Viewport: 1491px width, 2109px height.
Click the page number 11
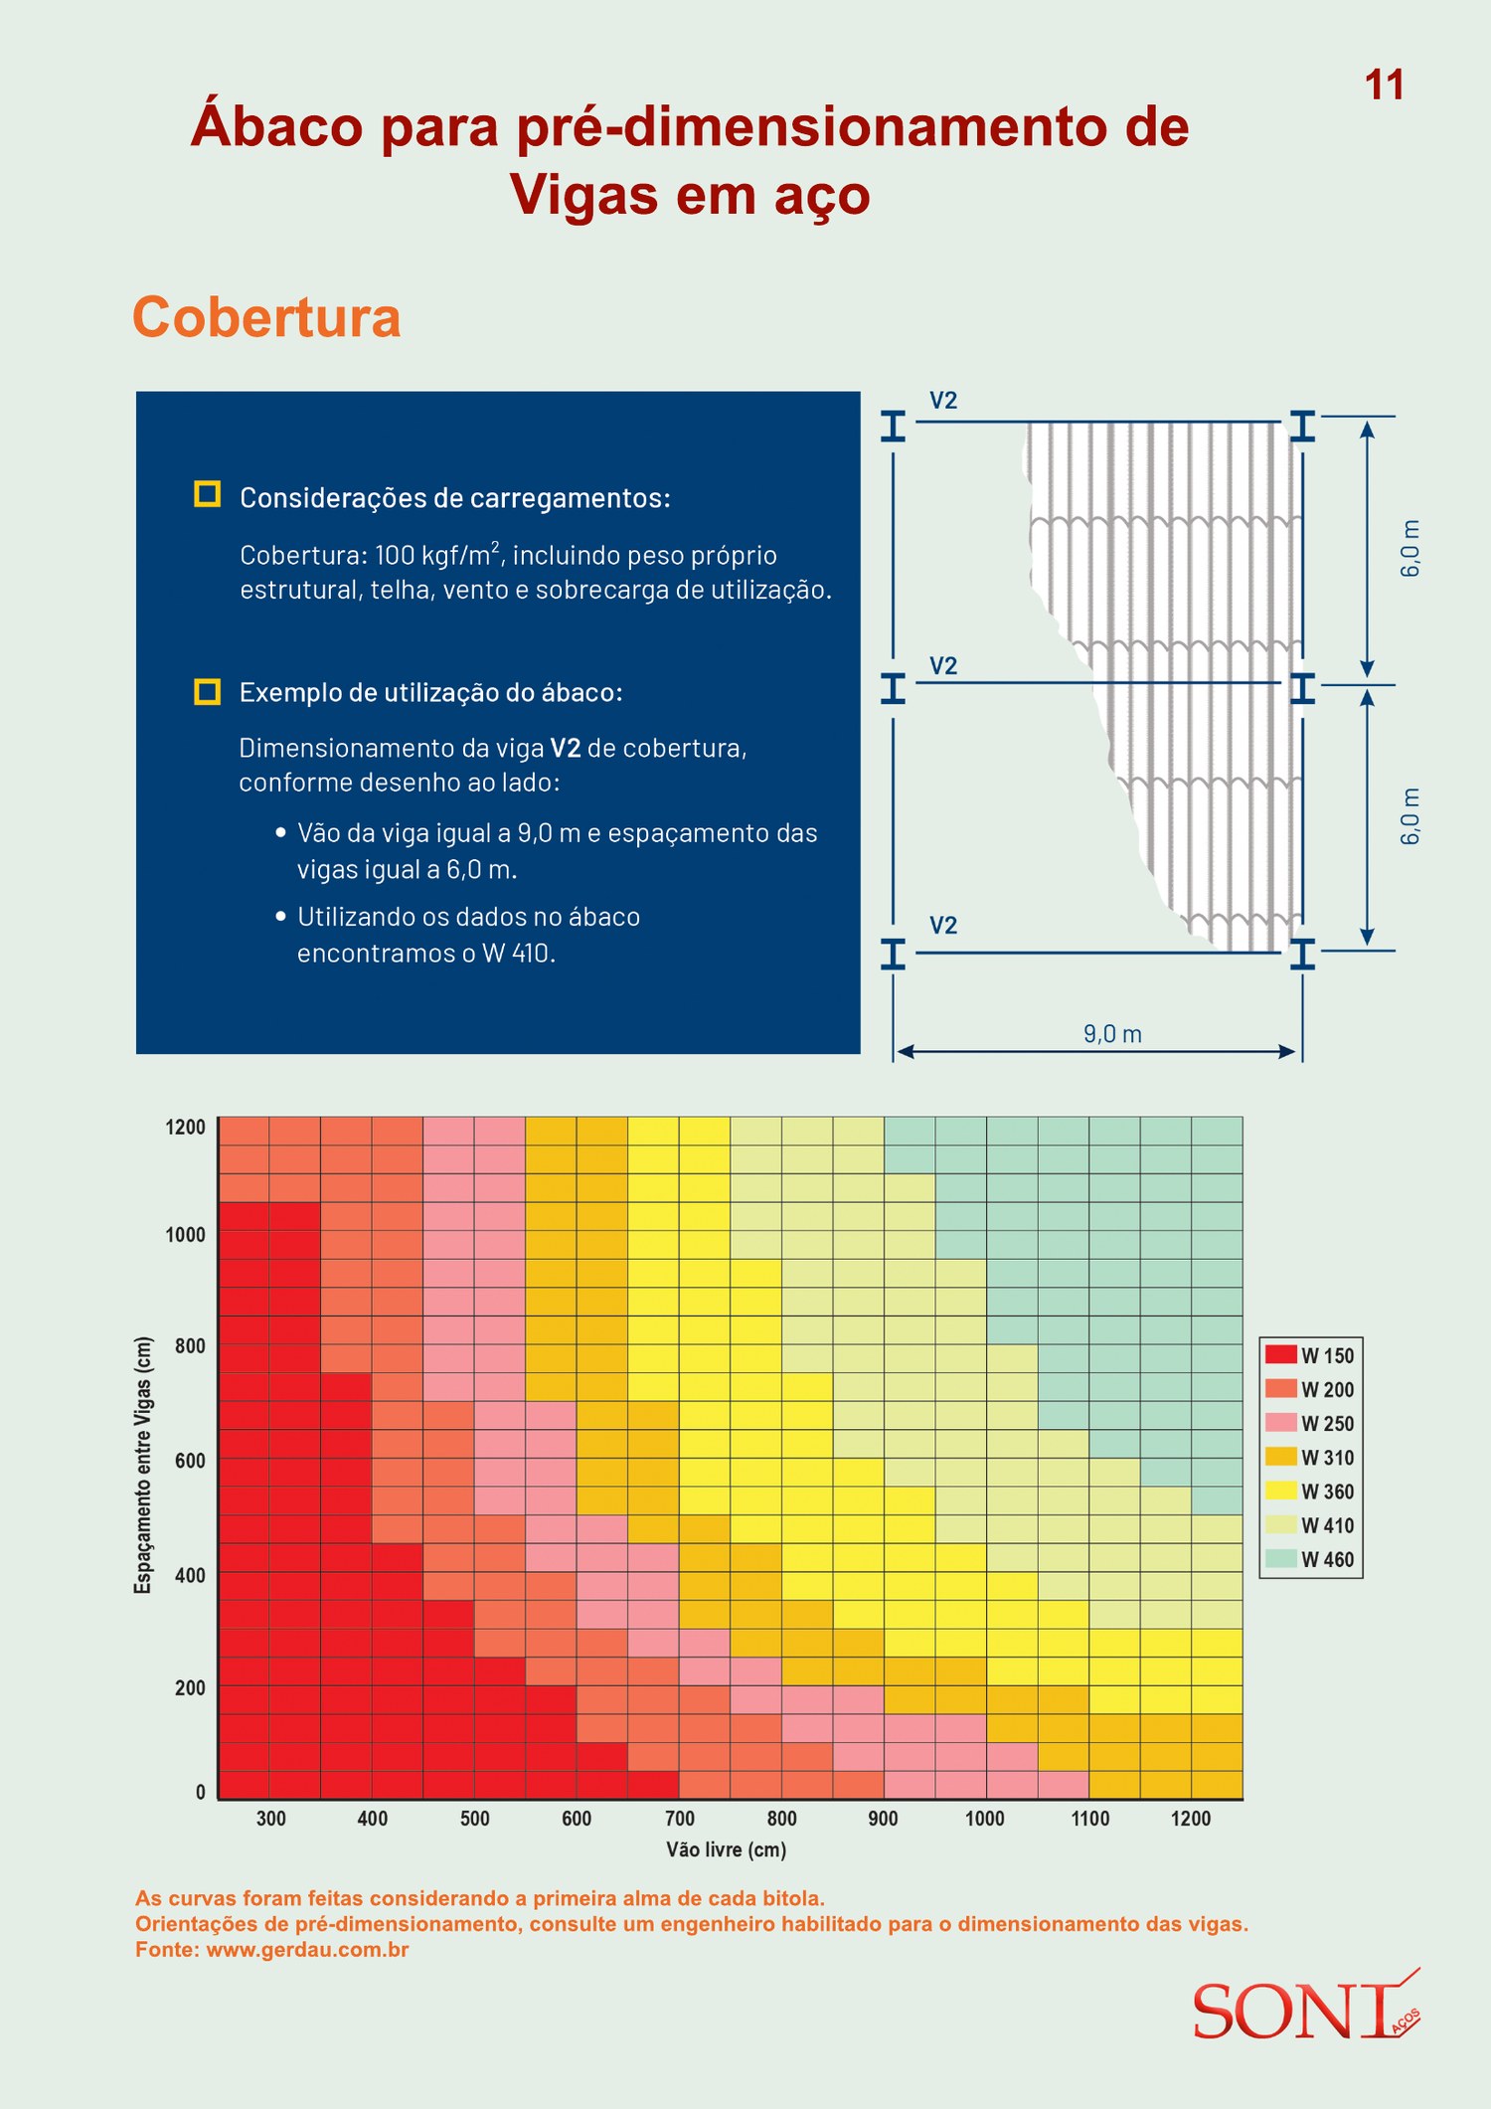tap(1384, 86)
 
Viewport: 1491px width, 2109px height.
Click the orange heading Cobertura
tap(266, 317)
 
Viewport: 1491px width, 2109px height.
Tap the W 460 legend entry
tap(1310, 1559)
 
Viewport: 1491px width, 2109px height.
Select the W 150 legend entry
tap(1310, 1355)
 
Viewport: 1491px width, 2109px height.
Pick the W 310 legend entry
tap(1310, 1458)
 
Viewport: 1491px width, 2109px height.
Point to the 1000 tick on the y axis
tap(185, 1235)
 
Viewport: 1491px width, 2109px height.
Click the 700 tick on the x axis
tap(680, 1819)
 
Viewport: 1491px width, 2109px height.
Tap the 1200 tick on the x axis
tap(1191, 1819)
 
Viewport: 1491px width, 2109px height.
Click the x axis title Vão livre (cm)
tap(727, 1849)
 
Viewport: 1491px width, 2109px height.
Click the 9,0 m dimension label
tap(1112, 1034)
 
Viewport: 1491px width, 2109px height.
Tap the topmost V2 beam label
tap(943, 401)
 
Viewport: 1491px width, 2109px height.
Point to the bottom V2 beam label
tap(943, 926)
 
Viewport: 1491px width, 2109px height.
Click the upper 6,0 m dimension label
tap(1410, 548)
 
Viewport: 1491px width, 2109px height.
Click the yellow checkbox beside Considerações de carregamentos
tap(207, 494)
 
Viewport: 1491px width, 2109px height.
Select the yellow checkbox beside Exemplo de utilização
tap(207, 691)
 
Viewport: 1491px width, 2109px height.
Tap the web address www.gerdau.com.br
tap(308, 1950)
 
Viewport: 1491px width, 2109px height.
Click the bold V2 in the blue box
tap(565, 748)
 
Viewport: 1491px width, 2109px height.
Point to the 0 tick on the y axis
tap(201, 1792)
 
